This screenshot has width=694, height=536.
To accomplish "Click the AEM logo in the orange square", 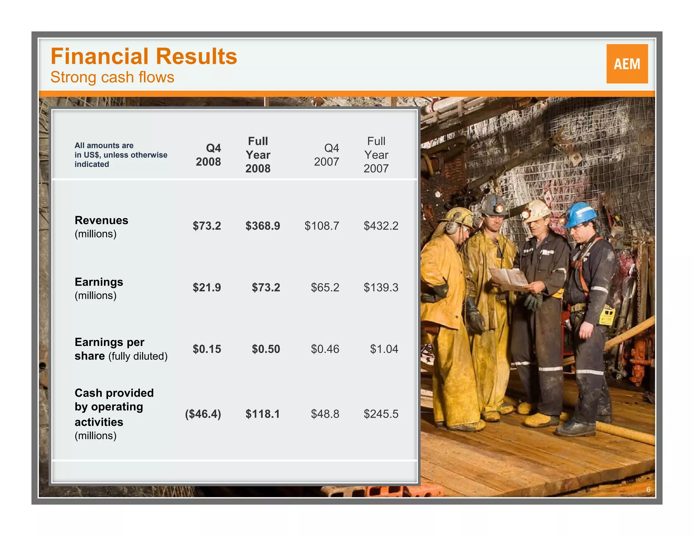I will coord(627,64).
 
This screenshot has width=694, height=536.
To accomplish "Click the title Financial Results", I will coord(144,56).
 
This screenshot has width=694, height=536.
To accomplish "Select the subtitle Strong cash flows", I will coord(112,77).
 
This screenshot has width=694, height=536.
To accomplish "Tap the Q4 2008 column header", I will coord(208,155).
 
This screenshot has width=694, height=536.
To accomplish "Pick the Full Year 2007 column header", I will coord(376,155).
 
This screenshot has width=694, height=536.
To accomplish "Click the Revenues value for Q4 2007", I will coord(322,226).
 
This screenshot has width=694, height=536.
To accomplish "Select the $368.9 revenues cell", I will coord(263,226).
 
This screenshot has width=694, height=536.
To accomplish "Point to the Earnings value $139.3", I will coord(381,288).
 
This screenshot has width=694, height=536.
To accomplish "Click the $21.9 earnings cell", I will coord(207,288).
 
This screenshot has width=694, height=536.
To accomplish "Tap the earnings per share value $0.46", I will coord(325,349).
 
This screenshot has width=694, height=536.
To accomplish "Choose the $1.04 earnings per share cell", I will coord(384,349).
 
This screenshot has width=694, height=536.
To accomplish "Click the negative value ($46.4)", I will coord(203,414).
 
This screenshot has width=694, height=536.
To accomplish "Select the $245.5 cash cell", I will coord(381,414).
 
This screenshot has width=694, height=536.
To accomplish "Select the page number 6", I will coord(648,490).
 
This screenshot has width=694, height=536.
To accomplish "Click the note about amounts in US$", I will coord(121,155).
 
